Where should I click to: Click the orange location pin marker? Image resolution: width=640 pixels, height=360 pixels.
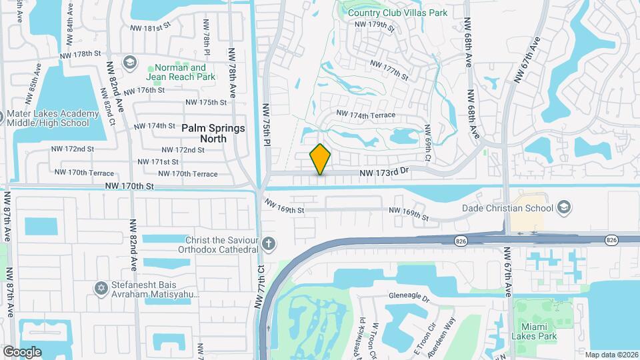(x=321, y=159)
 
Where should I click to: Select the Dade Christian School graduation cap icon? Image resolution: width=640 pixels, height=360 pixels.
(x=565, y=206)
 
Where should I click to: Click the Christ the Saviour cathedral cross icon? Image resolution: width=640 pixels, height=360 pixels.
(x=268, y=243)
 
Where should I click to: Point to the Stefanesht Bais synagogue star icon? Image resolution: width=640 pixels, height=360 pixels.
(x=101, y=287)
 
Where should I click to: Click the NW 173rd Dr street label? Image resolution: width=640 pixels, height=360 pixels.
(x=383, y=173)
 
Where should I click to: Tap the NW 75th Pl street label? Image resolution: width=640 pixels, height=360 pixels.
(x=266, y=125)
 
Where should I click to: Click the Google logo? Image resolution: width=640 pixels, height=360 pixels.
(x=21, y=351)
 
